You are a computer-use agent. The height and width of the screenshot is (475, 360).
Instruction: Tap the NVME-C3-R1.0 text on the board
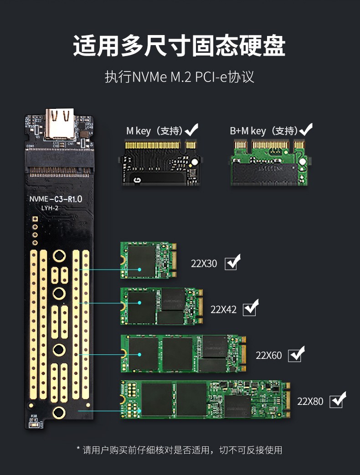point(56,199)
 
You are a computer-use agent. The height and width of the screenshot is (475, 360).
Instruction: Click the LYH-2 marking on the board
point(50,208)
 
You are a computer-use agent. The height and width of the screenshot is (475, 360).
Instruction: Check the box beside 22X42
point(251,308)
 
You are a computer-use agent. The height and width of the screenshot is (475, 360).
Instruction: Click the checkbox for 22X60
point(296,354)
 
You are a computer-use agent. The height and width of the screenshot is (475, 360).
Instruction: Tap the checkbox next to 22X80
point(338,400)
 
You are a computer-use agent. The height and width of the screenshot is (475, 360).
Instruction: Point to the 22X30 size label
point(204,264)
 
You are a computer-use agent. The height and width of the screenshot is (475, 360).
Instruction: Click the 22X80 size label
point(310,401)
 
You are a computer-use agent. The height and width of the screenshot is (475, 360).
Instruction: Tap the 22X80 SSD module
point(205,400)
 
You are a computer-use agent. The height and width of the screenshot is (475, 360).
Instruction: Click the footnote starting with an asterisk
point(180,450)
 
